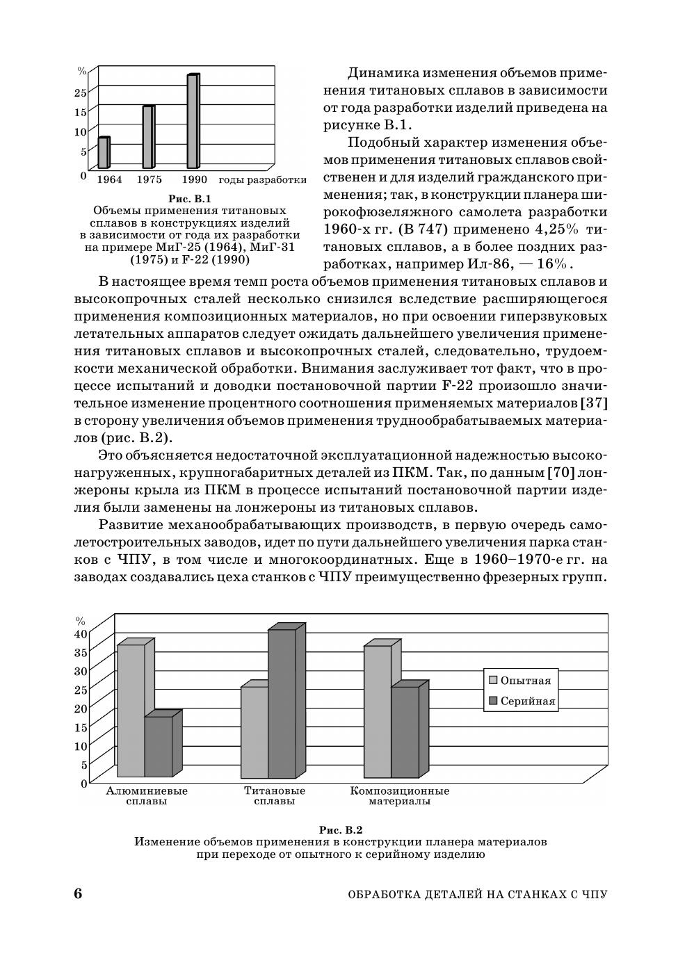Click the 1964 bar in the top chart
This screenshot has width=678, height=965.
(103, 153)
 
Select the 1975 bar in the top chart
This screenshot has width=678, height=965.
(147, 137)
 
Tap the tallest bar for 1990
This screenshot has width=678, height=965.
(193, 121)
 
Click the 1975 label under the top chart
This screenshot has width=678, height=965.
(149, 179)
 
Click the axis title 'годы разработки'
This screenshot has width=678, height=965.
(262, 179)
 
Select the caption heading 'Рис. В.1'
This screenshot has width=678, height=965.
(190, 199)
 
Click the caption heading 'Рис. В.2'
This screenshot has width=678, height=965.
(341, 830)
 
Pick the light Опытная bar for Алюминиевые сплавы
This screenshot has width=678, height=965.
(131, 711)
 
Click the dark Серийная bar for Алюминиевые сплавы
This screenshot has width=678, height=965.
(159, 747)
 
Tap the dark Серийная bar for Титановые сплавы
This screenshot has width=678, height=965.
(282, 704)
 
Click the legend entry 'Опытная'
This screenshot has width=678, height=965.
(525, 681)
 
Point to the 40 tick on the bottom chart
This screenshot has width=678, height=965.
(81, 633)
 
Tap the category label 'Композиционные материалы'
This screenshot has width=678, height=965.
(399, 796)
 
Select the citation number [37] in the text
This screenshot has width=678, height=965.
(593, 403)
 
